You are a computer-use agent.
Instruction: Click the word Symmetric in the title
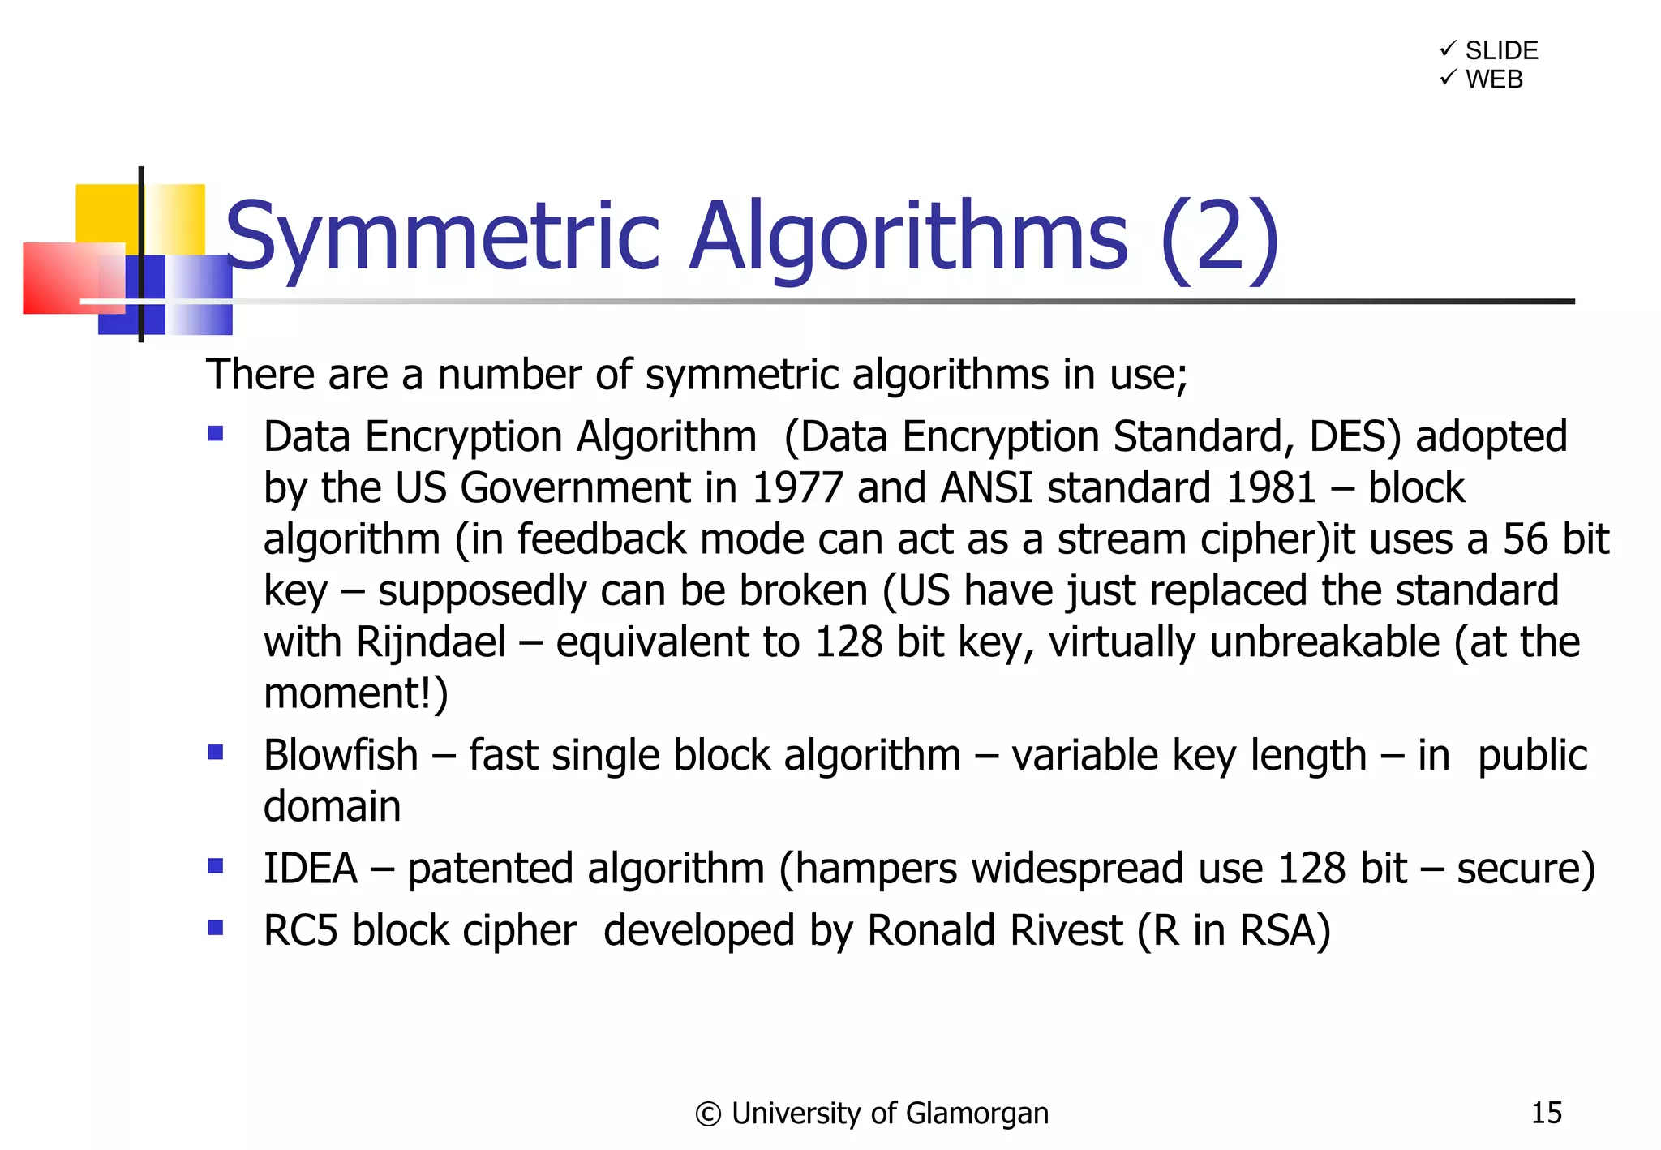pyautogui.click(x=442, y=237)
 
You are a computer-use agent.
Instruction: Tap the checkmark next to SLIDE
pyautogui.click(x=1448, y=49)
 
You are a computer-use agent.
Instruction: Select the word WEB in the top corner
pyautogui.click(x=1494, y=79)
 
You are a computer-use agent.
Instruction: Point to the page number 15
pyautogui.click(x=1546, y=1113)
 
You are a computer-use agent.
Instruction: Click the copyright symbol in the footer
pyautogui.click(x=707, y=1114)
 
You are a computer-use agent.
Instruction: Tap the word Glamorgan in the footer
pyautogui.click(x=976, y=1114)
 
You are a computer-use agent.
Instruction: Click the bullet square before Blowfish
pyautogui.click(x=216, y=752)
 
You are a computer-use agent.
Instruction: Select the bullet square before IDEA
pyautogui.click(x=216, y=865)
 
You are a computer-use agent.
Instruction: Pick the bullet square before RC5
pyautogui.click(x=216, y=927)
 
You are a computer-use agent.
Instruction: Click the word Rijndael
pyautogui.click(x=431, y=642)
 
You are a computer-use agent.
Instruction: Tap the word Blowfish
pyautogui.click(x=341, y=756)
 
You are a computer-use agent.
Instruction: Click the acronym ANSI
pyautogui.click(x=987, y=488)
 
